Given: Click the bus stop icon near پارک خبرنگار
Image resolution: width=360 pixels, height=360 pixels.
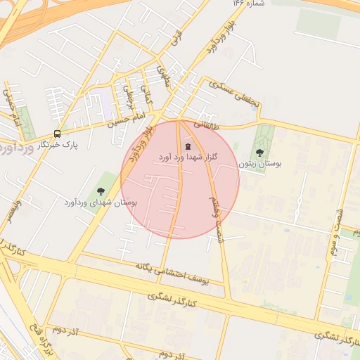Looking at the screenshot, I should tap(57, 134).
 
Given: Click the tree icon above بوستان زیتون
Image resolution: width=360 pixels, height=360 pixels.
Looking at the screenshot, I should tap(259, 153).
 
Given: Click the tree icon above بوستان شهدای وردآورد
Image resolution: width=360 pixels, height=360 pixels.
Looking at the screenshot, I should tap(101, 191).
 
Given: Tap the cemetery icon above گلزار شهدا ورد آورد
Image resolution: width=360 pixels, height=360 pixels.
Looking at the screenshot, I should tap(187, 146).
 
